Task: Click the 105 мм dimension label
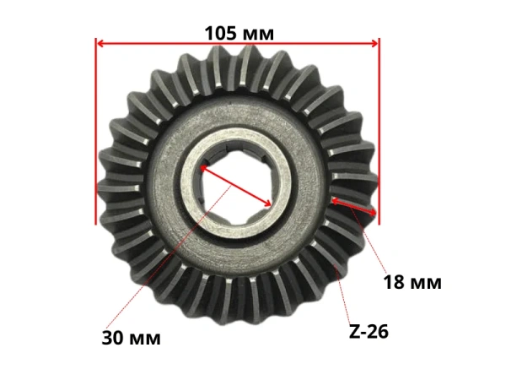coord(240,33)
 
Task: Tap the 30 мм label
coord(131,338)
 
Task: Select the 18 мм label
coord(412,282)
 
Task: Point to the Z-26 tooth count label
coord(369,332)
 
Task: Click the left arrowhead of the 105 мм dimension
coord(100,43)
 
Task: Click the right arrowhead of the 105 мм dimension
coord(374,43)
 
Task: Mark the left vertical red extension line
coord(96,131)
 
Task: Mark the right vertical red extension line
coord(379,131)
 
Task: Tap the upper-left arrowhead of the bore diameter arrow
coord(203,168)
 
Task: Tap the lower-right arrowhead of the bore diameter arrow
coord(268,204)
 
